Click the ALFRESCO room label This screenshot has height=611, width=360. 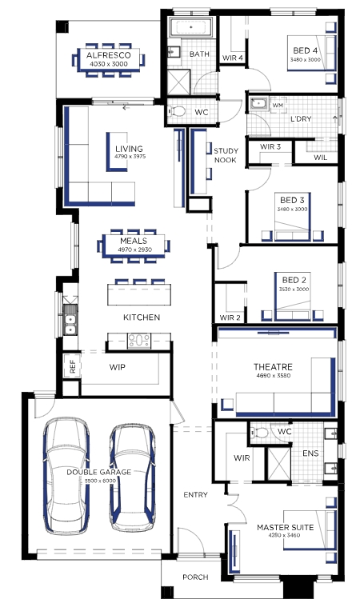click(108, 55)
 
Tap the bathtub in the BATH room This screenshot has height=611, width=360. click(191, 27)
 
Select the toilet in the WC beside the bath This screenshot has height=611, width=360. click(177, 111)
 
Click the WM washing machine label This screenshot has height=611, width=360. click(278, 106)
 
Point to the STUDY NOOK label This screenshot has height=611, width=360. click(225, 155)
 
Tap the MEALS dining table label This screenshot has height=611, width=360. click(134, 241)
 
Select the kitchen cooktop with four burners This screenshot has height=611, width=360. click(139, 341)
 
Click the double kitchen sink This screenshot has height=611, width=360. click(70, 320)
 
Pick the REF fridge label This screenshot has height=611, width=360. click(73, 366)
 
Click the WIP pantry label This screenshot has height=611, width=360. click(118, 367)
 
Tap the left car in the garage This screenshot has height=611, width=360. click(66, 477)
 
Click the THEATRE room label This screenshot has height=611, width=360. click(273, 366)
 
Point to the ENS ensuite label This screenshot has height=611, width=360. click(310, 453)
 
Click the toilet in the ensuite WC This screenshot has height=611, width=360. click(260, 432)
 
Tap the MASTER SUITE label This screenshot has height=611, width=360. click(285, 527)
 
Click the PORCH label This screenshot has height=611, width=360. click(195, 577)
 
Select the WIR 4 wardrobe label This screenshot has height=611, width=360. click(233, 58)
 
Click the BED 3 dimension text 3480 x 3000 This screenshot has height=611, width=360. click(292, 210)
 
